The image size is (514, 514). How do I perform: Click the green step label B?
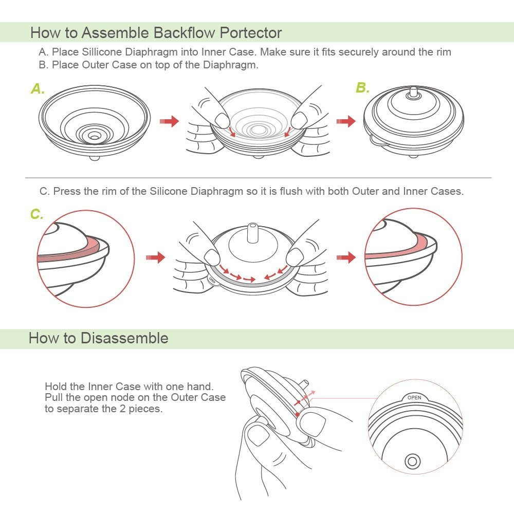(362, 88)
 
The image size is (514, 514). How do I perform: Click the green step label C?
(36, 214)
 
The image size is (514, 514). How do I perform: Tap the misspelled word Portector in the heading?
(251, 33)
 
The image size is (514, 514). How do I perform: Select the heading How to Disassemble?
(98, 338)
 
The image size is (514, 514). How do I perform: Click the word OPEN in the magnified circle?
(414, 397)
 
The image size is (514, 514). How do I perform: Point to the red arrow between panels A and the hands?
(169, 122)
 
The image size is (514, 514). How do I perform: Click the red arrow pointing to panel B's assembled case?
(345, 122)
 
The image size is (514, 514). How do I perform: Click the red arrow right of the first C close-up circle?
(156, 257)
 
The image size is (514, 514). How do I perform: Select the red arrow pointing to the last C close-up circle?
(346, 257)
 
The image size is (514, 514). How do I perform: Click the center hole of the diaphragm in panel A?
(95, 136)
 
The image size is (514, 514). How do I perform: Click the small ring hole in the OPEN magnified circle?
(412, 461)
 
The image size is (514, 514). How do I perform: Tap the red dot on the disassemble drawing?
(297, 414)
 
